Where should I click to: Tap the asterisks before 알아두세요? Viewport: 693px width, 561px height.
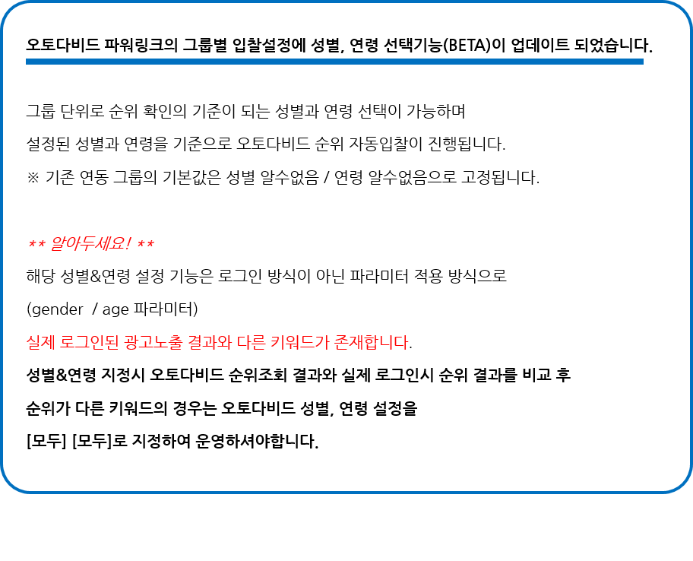pos(37,245)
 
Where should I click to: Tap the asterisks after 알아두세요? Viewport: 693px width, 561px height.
pos(146,245)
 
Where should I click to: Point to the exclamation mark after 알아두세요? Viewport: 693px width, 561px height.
pos(128,245)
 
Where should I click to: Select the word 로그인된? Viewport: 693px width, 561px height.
pos(87,343)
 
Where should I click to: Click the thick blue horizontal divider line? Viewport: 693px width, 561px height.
pos(334,62)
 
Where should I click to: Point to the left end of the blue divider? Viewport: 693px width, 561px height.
pos(27,62)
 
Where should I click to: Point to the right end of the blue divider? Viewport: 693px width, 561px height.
pos(642,62)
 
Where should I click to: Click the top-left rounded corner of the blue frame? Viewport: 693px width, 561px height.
pos(10,11)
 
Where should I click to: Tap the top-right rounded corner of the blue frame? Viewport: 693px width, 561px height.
pos(682,11)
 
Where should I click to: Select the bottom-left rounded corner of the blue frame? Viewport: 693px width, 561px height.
pos(10,483)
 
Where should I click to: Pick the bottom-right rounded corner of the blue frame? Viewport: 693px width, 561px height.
pos(682,483)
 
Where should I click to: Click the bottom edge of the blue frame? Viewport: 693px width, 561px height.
pos(346,491)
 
